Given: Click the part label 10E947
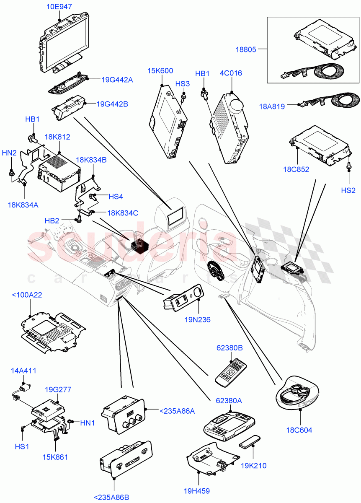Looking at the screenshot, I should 59,7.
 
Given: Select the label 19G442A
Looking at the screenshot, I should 117,80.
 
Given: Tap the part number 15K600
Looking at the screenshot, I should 160,71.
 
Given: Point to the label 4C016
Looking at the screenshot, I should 231,74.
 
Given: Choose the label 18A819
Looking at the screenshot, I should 271,106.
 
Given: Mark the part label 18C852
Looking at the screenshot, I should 297,169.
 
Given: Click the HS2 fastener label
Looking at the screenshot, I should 348,190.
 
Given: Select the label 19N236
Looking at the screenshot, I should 197,320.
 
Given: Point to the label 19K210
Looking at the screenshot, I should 253,465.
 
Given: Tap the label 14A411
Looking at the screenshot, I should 23,371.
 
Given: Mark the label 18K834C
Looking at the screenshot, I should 123,213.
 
